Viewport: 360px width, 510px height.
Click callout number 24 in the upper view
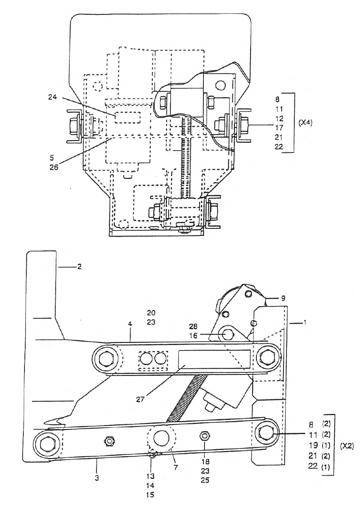pyautogui.click(x=52, y=97)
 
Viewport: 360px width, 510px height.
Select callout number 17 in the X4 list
pyautogui.click(x=279, y=128)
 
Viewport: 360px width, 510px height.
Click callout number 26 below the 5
pyautogui.click(x=54, y=167)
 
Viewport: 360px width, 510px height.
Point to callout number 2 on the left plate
pyautogui.click(x=79, y=266)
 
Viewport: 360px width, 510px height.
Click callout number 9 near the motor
pyautogui.click(x=283, y=298)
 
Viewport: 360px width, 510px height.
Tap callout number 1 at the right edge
pyautogui.click(x=305, y=322)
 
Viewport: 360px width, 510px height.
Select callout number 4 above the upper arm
pyautogui.click(x=130, y=330)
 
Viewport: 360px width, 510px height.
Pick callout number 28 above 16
pyautogui.click(x=193, y=326)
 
